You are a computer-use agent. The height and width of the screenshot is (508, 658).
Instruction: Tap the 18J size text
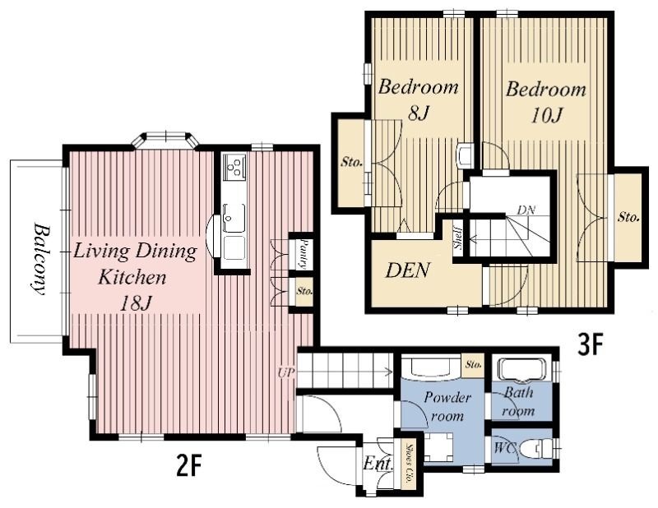pos(135,303)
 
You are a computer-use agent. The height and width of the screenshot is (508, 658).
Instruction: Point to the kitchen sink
pos(234,218)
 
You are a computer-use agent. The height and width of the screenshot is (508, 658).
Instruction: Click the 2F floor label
pos(189,465)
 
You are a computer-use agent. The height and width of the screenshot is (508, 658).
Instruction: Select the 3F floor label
pos(591,346)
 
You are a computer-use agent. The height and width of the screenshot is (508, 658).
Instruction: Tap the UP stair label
pos(286,372)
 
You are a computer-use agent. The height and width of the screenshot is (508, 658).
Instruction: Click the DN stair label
pos(526,210)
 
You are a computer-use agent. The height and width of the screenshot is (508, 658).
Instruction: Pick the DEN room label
pos(407,270)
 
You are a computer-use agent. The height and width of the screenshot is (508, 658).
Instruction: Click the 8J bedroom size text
pos(418,113)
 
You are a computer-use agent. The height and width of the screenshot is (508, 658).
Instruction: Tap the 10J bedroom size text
pos(546,115)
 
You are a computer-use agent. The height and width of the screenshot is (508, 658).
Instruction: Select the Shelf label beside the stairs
pos(458,238)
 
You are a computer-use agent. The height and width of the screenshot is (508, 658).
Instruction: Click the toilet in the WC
pos(535,449)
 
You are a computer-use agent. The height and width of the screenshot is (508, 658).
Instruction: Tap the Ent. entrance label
pos(378,464)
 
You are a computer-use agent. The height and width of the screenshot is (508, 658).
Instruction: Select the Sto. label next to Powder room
pos(474,364)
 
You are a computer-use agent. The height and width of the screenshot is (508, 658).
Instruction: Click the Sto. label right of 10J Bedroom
pos(628,217)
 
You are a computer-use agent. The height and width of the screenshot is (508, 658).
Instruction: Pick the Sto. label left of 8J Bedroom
pos(351,162)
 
